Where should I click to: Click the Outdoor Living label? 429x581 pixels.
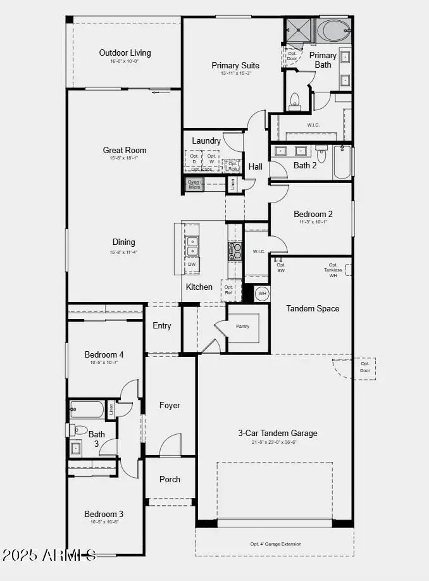pyautogui.click(x=125, y=53)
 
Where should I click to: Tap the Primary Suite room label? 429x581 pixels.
pyautogui.click(x=235, y=65)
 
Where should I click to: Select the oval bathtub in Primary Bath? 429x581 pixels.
pyautogui.click(x=332, y=30)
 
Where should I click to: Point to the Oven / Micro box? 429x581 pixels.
pyautogui.click(x=194, y=184)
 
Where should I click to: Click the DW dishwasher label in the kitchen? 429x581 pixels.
pyautogui.click(x=192, y=264)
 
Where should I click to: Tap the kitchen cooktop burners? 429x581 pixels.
pyautogui.click(x=235, y=251)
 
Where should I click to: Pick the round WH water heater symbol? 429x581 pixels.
pyautogui.click(x=262, y=294)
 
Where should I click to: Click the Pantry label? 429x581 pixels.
pyautogui.click(x=243, y=327)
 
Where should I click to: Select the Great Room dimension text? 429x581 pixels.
pyautogui.click(x=125, y=158)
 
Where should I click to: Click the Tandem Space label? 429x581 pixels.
pyautogui.click(x=313, y=309)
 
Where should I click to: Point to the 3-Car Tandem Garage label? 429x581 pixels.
pyautogui.click(x=278, y=434)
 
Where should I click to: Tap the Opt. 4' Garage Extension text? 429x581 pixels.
pyautogui.click(x=276, y=544)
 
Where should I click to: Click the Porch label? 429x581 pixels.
pyautogui.click(x=170, y=479)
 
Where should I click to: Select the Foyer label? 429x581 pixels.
pyautogui.click(x=170, y=405)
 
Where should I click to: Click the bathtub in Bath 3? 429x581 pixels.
pyautogui.click(x=87, y=409)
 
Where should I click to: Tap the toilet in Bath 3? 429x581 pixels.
pyautogui.click(x=79, y=430)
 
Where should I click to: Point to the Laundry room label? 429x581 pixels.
pyautogui.click(x=207, y=141)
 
